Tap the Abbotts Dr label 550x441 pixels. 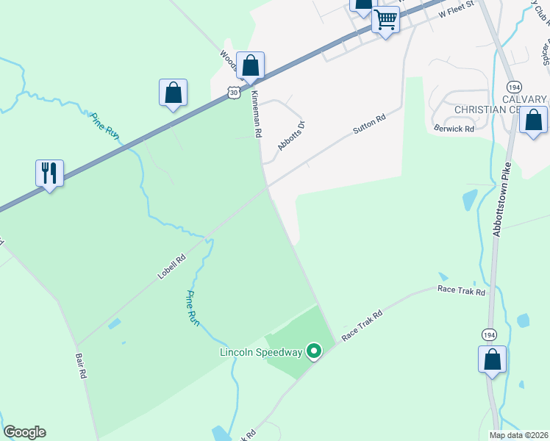[x=290, y=135]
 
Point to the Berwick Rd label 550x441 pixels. [x=454, y=127]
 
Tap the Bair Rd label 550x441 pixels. [x=81, y=365]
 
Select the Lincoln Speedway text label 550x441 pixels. [x=261, y=352]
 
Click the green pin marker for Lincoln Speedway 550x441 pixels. [x=314, y=352]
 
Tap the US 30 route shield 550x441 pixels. [x=233, y=92]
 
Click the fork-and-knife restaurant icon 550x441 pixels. [x=49, y=173]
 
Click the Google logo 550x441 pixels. [x=24, y=432]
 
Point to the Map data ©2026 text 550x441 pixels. [x=518, y=434]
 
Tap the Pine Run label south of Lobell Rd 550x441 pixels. [x=193, y=308]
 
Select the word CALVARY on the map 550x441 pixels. [x=526, y=99]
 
